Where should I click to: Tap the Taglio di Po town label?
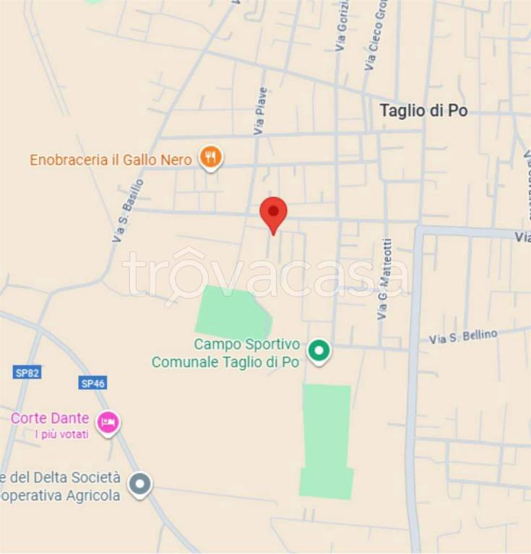(x=423, y=110)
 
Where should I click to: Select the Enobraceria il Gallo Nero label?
(x=111, y=159)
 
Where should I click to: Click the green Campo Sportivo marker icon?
(x=318, y=351)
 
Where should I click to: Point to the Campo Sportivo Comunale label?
(x=225, y=353)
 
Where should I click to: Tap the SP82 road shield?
(x=27, y=372)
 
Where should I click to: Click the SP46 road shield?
(x=93, y=383)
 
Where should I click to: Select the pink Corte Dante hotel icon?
(x=108, y=422)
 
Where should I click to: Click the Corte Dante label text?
(x=50, y=418)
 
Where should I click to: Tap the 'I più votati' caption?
(x=62, y=434)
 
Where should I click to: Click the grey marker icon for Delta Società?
(x=139, y=485)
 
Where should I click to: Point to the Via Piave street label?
(x=260, y=111)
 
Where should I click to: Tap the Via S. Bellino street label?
(x=463, y=336)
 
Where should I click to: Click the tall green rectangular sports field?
(x=326, y=440)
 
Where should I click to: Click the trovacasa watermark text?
(x=266, y=276)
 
